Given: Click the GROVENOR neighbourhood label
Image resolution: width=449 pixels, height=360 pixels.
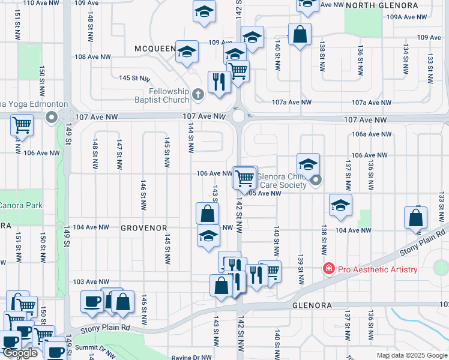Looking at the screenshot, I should click(142, 228).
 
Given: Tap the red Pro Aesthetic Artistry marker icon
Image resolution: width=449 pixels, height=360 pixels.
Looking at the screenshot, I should click(328, 269).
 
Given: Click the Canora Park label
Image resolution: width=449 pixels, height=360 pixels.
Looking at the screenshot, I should click(21, 206).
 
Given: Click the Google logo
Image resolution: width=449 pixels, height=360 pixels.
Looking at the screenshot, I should click(20, 353).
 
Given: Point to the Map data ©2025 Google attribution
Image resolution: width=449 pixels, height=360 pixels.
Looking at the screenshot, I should click(411, 355).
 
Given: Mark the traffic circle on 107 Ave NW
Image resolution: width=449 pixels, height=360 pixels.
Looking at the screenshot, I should click(239, 116).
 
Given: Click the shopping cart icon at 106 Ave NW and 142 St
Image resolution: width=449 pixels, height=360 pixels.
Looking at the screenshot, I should click(244, 178).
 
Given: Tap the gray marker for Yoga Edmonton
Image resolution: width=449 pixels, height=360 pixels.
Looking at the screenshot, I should click(52, 117).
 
